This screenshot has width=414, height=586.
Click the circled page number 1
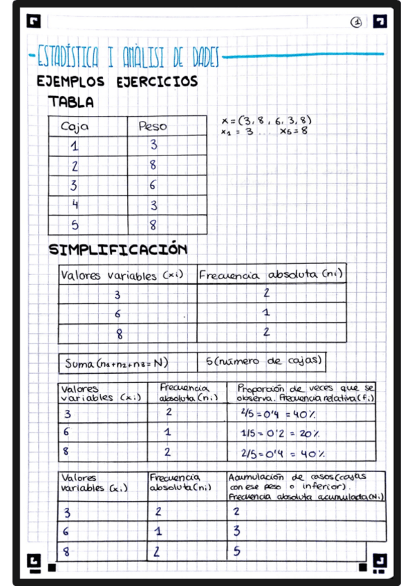[x=356, y=22]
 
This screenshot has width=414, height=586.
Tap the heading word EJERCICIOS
[x=156, y=82]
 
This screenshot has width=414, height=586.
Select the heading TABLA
[x=71, y=102]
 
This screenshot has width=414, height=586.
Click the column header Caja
[x=75, y=127]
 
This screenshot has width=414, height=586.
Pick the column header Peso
[x=153, y=126]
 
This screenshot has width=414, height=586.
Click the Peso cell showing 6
[x=153, y=185]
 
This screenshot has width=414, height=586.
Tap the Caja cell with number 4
[x=75, y=205]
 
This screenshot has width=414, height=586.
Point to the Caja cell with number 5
[x=75, y=225]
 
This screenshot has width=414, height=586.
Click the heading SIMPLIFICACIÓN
[x=117, y=249]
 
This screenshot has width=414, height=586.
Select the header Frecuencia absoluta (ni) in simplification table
[x=270, y=275]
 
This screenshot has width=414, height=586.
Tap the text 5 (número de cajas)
[x=263, y=361]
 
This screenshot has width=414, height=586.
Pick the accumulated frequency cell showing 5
[x=236, y=551]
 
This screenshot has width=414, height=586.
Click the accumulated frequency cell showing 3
[x=236, y=531]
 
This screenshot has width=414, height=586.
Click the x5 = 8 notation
[x=294, y=131]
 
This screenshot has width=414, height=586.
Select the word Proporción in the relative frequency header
[x=262, y=389]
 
